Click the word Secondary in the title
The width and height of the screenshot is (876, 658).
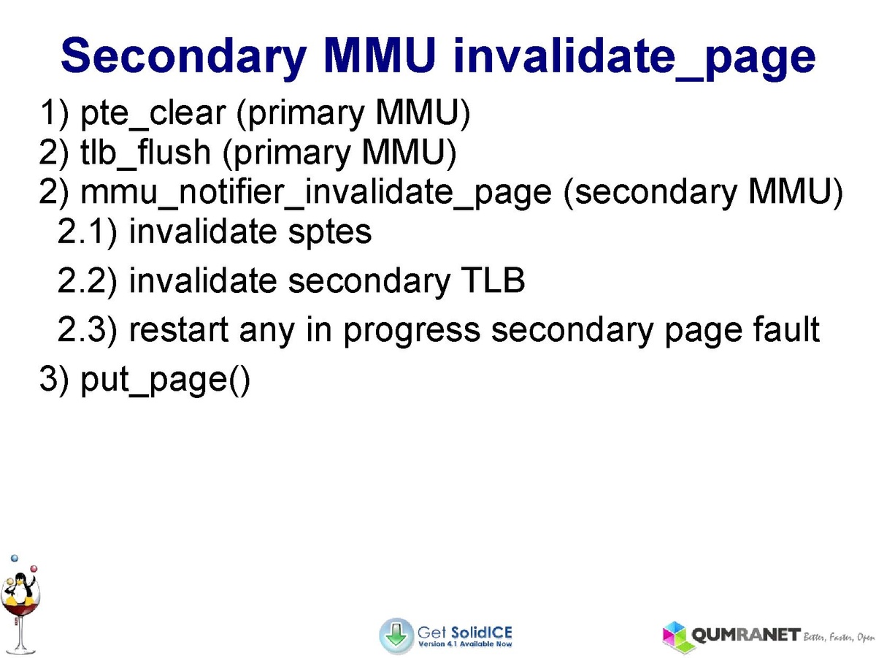pyautogui.click(x=183, y=56)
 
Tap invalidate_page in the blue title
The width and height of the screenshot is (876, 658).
pyautogui.click(x=634, y=58)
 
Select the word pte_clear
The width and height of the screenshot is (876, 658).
pyautogui.click(x=153, y=114)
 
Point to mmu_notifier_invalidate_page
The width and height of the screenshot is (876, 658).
pyautogui.click(x=316, y=193)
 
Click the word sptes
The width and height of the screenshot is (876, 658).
pyautogui.click(x=330, y=233)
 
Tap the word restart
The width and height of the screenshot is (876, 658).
pyautogui.click(x=179, y=330)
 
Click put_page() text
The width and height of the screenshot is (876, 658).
pyautogui.click(x=165, y=380)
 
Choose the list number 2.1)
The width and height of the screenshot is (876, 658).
pyautogui.click(x=88, y=232)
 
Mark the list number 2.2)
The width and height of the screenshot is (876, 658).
pyautogui.click(x=88, y=281)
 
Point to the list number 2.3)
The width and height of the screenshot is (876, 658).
pyautogui.click(x=88, y=330)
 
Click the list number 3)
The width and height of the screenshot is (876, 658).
pyautogui.click(x=54, y=379)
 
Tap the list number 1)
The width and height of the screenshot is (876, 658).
pyautogui.click(x=54, y=114)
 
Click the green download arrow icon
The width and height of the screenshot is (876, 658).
pyautogui.click(x=396, y=635)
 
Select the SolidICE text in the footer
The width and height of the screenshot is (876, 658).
pyautogui.click(x=481, y=633)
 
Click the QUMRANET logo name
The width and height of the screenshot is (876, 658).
pyautogui.click(x=746, y=635)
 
